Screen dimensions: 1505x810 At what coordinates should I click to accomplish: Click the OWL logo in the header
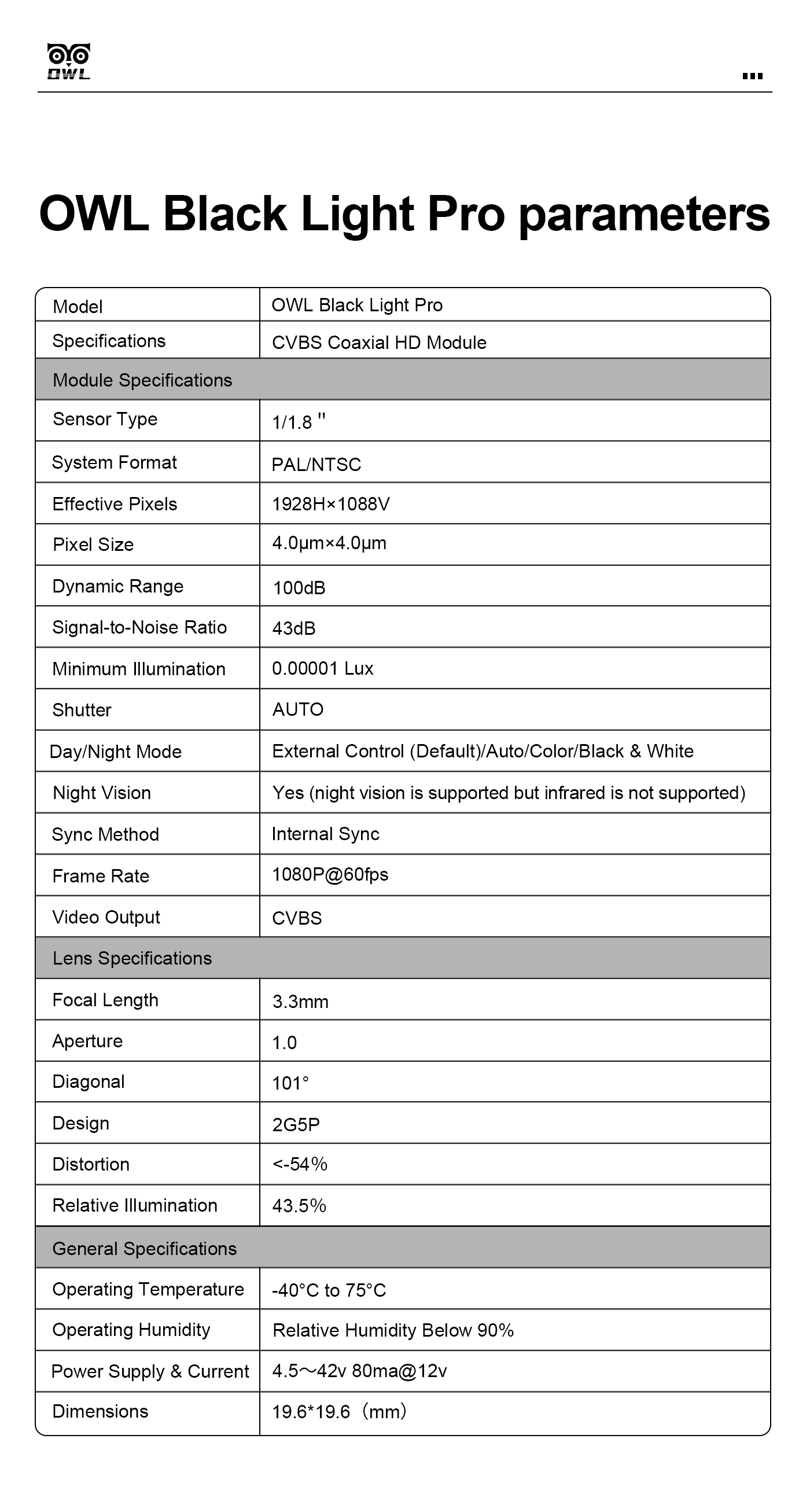[x=68, y=61]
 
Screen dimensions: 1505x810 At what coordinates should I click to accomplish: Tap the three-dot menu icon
[x=752, y=76]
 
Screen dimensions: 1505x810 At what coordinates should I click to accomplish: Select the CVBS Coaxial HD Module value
[x=379, y=343]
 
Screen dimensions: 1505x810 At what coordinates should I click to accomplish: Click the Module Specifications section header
[x=142, y=380]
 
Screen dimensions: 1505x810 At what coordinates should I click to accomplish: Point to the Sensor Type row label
[x=105, y=419]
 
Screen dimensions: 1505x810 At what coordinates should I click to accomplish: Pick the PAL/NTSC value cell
[x=316, y=465]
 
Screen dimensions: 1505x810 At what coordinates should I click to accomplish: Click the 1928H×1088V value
[x=330, y=503]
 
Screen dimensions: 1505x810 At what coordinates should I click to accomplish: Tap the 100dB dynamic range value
[x=299, y=588]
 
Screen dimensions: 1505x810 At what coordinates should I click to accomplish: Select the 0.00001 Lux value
[x=322, y=668]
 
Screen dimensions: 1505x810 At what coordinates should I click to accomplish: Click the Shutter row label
[x=82, y=710]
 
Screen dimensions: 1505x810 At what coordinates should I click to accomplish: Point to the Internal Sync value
[x=325, y=834]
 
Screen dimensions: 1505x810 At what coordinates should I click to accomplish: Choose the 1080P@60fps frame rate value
[x=330, y=875]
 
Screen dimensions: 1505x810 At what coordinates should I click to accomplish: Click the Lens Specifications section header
[x=132, y=958]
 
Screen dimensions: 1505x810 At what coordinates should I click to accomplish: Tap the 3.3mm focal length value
[x=300, y=1002]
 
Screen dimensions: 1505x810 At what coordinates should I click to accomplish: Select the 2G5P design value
[x=296, y=1125]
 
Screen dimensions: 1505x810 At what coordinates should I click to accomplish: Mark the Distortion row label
[x=90, y=1164]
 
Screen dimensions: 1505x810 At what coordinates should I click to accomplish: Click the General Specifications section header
[x=144, y=1249]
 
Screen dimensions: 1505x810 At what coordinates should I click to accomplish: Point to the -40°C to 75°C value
[x=329, y=1290]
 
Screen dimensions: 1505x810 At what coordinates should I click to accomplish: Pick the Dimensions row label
[x=100, y=1411]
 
